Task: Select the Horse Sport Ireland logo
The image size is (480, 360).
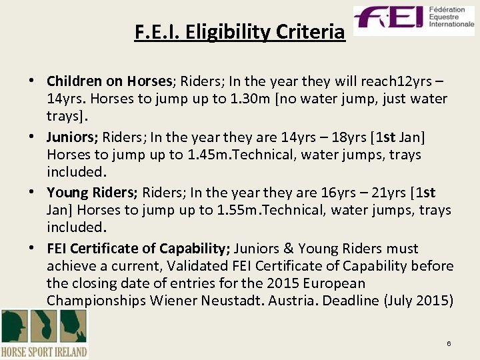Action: click(x=44, y=334)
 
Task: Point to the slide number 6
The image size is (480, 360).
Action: click(x=449, y=343)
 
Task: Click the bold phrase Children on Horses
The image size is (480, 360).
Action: click(x=109, y=81)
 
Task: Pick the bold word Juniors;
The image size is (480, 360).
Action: click(x=73, y=137)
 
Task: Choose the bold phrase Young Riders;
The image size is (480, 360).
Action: click(x=92, y=193)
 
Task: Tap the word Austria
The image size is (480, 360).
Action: click(x=294, y=301)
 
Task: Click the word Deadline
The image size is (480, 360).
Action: click(x=351, y=301)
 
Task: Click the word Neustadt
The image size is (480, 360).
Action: click(x=235, y=301)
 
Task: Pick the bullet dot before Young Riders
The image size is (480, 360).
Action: click(x=33, y=193)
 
